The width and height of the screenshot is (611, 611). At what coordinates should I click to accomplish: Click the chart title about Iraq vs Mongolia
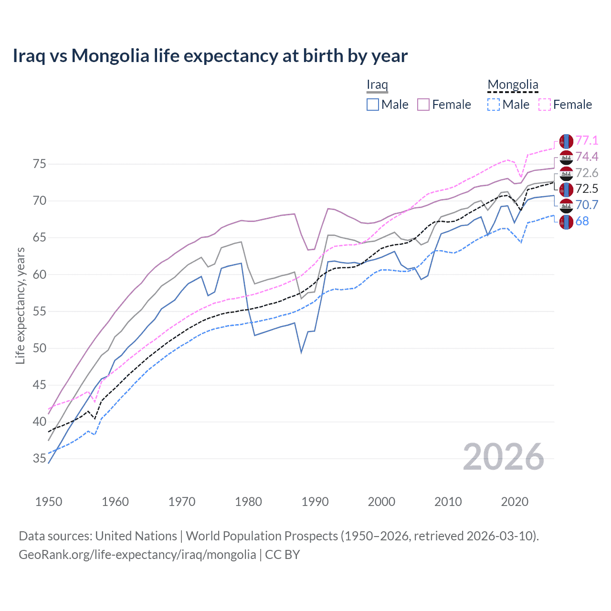(x=210, y=56)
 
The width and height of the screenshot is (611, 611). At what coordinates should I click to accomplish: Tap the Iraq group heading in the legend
(x=377, y=84)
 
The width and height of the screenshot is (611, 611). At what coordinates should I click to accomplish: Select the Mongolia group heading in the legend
(x=513, y=84)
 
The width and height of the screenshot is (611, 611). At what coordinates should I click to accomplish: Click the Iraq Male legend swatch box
(x=373, y=105)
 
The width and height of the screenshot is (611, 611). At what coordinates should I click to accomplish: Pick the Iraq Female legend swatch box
(x=423, y=105)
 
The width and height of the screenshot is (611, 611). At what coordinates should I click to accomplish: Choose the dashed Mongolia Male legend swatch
(x=494, y=105)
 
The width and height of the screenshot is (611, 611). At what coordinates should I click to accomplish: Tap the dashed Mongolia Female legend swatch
(x=545, y=105)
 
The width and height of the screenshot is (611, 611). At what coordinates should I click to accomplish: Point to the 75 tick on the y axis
(x=40, y=164)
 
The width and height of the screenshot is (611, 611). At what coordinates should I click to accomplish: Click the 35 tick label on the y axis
(x=40, y=459)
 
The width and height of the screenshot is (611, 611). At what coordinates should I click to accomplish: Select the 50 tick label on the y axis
(x=40, y=348)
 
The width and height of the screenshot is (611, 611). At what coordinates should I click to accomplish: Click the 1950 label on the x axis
(x=49, y=502)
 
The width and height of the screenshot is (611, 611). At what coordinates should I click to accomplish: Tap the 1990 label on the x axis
(x=315, y=502)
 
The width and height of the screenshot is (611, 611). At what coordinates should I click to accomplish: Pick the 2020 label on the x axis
(x=515, y=502)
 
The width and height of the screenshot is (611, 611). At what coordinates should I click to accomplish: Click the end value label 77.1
(x=587, y=140)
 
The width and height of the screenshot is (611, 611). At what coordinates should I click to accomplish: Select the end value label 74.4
(x=587, y=157)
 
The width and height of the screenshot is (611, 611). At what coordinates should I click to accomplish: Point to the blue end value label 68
(x=582, y=221)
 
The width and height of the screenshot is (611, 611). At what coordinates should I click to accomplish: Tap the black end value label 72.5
(x=587, y=189)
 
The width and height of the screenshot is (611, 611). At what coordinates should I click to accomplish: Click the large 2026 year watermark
(x=504, y=457)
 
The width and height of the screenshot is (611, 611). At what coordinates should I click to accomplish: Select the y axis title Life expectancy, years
(x=20, y=305)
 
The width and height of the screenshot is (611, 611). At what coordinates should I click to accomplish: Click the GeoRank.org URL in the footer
(x=137, y=555)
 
